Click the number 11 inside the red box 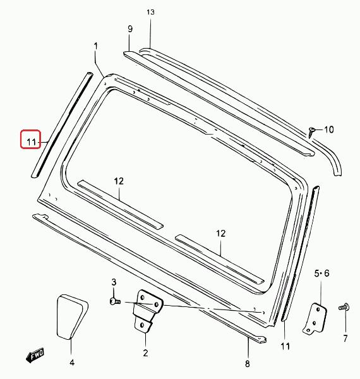[x=31, y=142]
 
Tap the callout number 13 [x=150, y=12]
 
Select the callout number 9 [x=130, y=29]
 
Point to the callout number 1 [x=95, y=46]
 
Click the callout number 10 [x=328, y=129]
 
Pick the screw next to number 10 [x=311, y=133]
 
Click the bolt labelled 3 [x=115, y=301]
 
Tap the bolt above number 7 [x=344, y=307]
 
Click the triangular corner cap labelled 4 [x=71, y=317]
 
